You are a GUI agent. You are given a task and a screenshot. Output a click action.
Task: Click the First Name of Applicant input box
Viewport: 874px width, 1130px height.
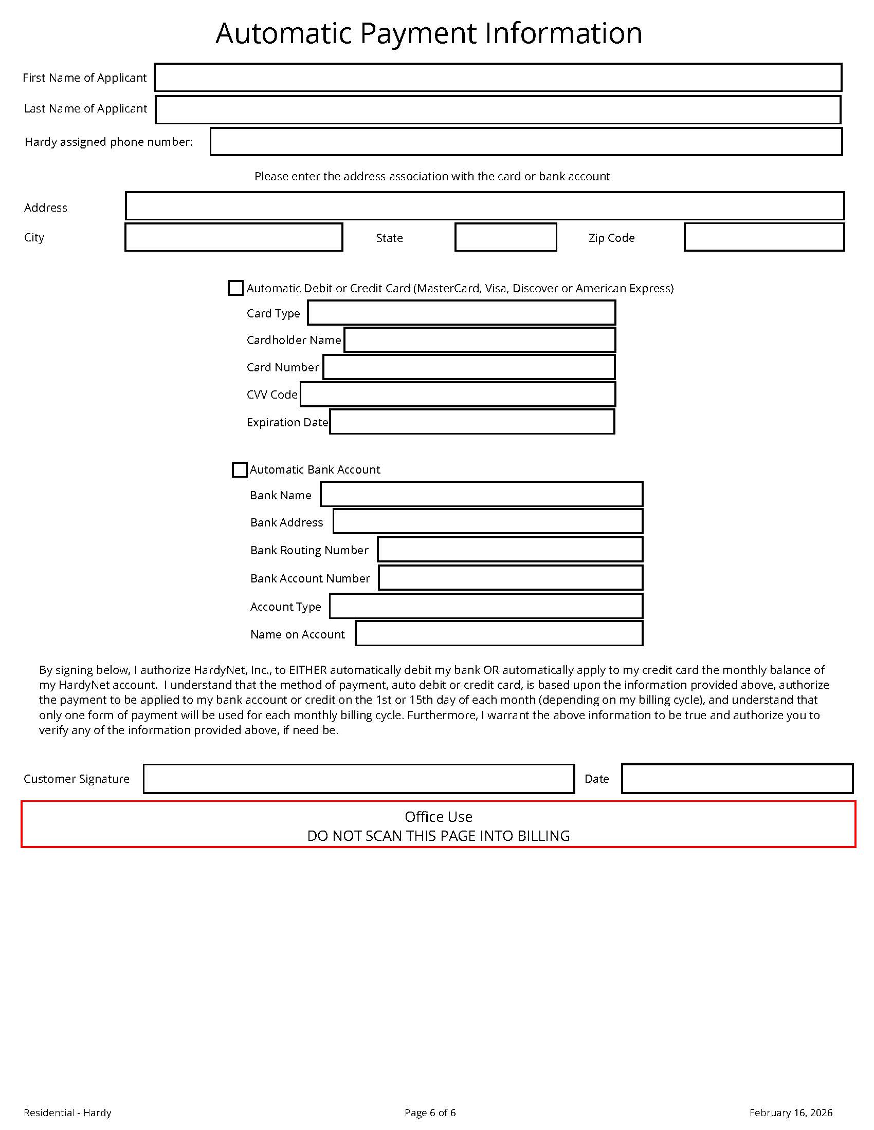point(498,78)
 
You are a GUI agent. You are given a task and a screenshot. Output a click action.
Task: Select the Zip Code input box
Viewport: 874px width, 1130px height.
point(763,237)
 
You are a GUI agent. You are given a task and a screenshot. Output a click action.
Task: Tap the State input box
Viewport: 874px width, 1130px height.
point(505,237)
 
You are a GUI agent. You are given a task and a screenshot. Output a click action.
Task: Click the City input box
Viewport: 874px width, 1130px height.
point(233,237)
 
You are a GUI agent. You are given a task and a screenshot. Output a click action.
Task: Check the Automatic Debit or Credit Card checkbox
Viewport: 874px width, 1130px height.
point(235,288)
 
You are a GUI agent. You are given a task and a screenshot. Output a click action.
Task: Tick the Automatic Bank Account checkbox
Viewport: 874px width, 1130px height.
point(239,470)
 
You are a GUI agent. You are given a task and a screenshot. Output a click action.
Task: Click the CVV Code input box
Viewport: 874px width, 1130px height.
point(458,394)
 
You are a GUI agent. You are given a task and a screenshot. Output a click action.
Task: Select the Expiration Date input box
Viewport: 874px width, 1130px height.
point(471,422)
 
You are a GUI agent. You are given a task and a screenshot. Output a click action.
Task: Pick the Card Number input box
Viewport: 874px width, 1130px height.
point(468,367)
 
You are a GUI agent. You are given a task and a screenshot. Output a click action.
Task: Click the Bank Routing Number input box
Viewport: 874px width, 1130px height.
point(510,550)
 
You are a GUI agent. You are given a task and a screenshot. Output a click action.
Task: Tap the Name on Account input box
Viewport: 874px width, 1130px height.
point(499,634)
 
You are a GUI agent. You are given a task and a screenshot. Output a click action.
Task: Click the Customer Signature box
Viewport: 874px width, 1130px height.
point(358,779)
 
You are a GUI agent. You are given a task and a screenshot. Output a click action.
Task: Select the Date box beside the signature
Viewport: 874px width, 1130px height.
point(737,779)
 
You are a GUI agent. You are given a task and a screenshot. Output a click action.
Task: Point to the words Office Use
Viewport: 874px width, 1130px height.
point(438,817)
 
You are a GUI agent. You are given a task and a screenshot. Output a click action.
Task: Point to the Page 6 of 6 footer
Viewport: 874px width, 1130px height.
point(430,1113)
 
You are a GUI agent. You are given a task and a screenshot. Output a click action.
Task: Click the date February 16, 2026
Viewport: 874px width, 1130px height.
point(791,1113)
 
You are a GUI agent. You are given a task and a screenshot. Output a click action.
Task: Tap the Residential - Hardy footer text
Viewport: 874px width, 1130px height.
point(67,1113)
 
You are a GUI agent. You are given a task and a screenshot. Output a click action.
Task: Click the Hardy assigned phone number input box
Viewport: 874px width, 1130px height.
point(525,142)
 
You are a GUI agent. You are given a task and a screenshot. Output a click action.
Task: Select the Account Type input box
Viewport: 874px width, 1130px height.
point(486,606)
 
